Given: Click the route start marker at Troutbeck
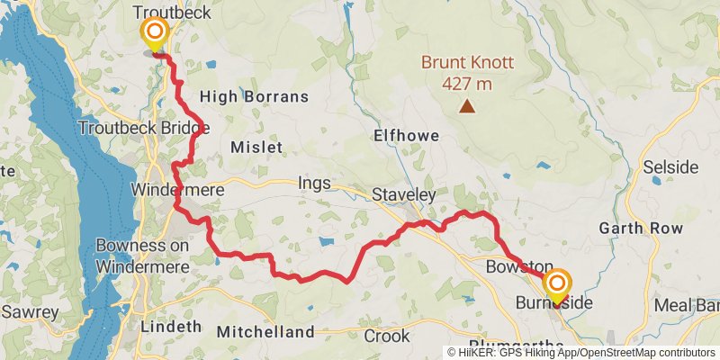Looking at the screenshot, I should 155,34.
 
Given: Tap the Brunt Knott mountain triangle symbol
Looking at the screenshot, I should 467,107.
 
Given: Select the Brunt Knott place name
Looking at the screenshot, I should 468,63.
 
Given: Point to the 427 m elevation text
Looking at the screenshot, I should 467,84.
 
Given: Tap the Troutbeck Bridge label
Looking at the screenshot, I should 143,128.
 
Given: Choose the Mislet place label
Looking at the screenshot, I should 256,147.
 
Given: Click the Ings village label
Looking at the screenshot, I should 314,184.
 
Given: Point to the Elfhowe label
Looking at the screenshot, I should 406,136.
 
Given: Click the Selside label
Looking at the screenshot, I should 670,167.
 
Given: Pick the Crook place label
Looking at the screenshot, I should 387,337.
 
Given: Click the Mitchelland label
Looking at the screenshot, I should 265,332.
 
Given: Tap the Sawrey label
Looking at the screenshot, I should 30,312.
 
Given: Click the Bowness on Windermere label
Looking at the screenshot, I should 142,256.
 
